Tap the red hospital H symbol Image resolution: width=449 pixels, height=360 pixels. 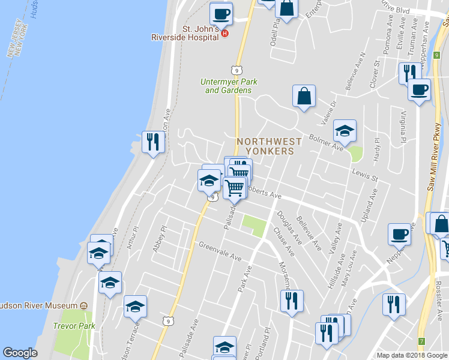[x=225, y=33]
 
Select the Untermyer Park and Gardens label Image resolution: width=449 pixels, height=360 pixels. [x=228, y=86]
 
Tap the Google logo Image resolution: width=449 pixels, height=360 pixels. [x=20, y=353]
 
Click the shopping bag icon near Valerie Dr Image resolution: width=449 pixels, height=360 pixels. [x=304, y=96]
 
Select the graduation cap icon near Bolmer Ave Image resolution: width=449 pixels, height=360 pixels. [x=345, y=130]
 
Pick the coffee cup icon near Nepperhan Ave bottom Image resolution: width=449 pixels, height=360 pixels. [x=400, y=233]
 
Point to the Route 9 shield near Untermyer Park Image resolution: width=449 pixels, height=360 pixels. [x=238, y=70]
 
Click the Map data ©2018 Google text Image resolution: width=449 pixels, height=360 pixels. [x=412, y=355]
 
